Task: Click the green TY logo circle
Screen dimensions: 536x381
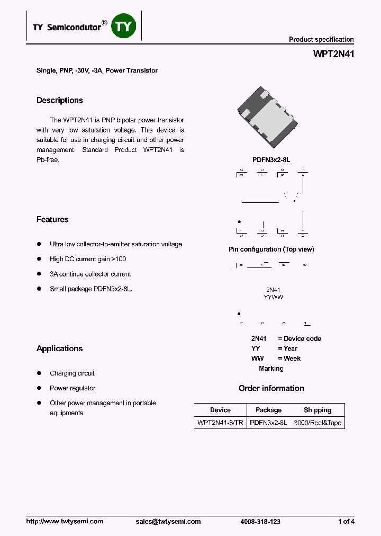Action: (x=123, y=26)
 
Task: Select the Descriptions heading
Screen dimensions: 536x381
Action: (x=60, y=101)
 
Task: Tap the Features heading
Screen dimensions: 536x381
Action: (x=52, y=220)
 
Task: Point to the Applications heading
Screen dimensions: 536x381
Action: (x=60, y=349)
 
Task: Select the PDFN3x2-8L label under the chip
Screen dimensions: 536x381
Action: (x=271, y=159)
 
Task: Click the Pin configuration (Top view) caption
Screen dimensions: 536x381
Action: (x=271, y=249)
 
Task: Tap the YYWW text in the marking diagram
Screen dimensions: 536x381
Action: (x=273, y=298)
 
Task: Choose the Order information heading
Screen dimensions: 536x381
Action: (x=271, y=388)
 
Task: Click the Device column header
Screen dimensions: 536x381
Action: (x=220, y=410)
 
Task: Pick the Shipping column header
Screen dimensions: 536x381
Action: (x=317, y=410)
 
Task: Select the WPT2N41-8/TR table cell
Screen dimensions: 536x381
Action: (x=220, y=423)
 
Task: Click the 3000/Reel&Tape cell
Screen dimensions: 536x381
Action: (x=317, y=423)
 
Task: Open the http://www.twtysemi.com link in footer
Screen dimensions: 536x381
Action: (x=65, y=522)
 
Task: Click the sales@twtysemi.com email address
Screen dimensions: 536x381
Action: (x=168, y=522)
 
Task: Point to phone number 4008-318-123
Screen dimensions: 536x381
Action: (x=260, y=522)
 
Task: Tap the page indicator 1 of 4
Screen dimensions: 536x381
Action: (x=346, y=522)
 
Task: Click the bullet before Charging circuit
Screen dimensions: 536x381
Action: (x=39, y=373)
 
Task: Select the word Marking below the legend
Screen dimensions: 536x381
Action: (x=271, y=369)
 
